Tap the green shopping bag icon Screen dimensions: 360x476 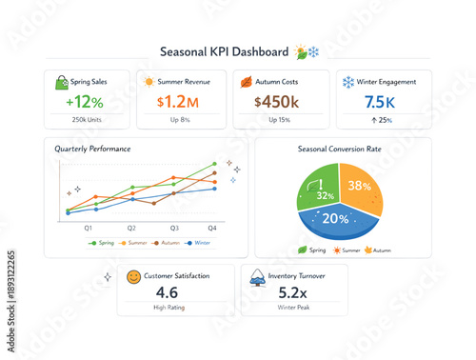62,83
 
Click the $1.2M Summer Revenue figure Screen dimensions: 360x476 178,101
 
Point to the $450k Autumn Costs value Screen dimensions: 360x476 277,101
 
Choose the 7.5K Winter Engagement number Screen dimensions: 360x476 371,101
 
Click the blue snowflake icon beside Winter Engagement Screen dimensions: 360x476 347,83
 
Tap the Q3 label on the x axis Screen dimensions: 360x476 174,229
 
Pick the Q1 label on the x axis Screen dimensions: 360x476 89,229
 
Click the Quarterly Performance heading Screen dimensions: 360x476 92,150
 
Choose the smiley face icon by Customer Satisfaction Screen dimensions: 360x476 133,277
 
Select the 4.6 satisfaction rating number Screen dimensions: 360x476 167,292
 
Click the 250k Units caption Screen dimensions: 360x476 85,119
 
